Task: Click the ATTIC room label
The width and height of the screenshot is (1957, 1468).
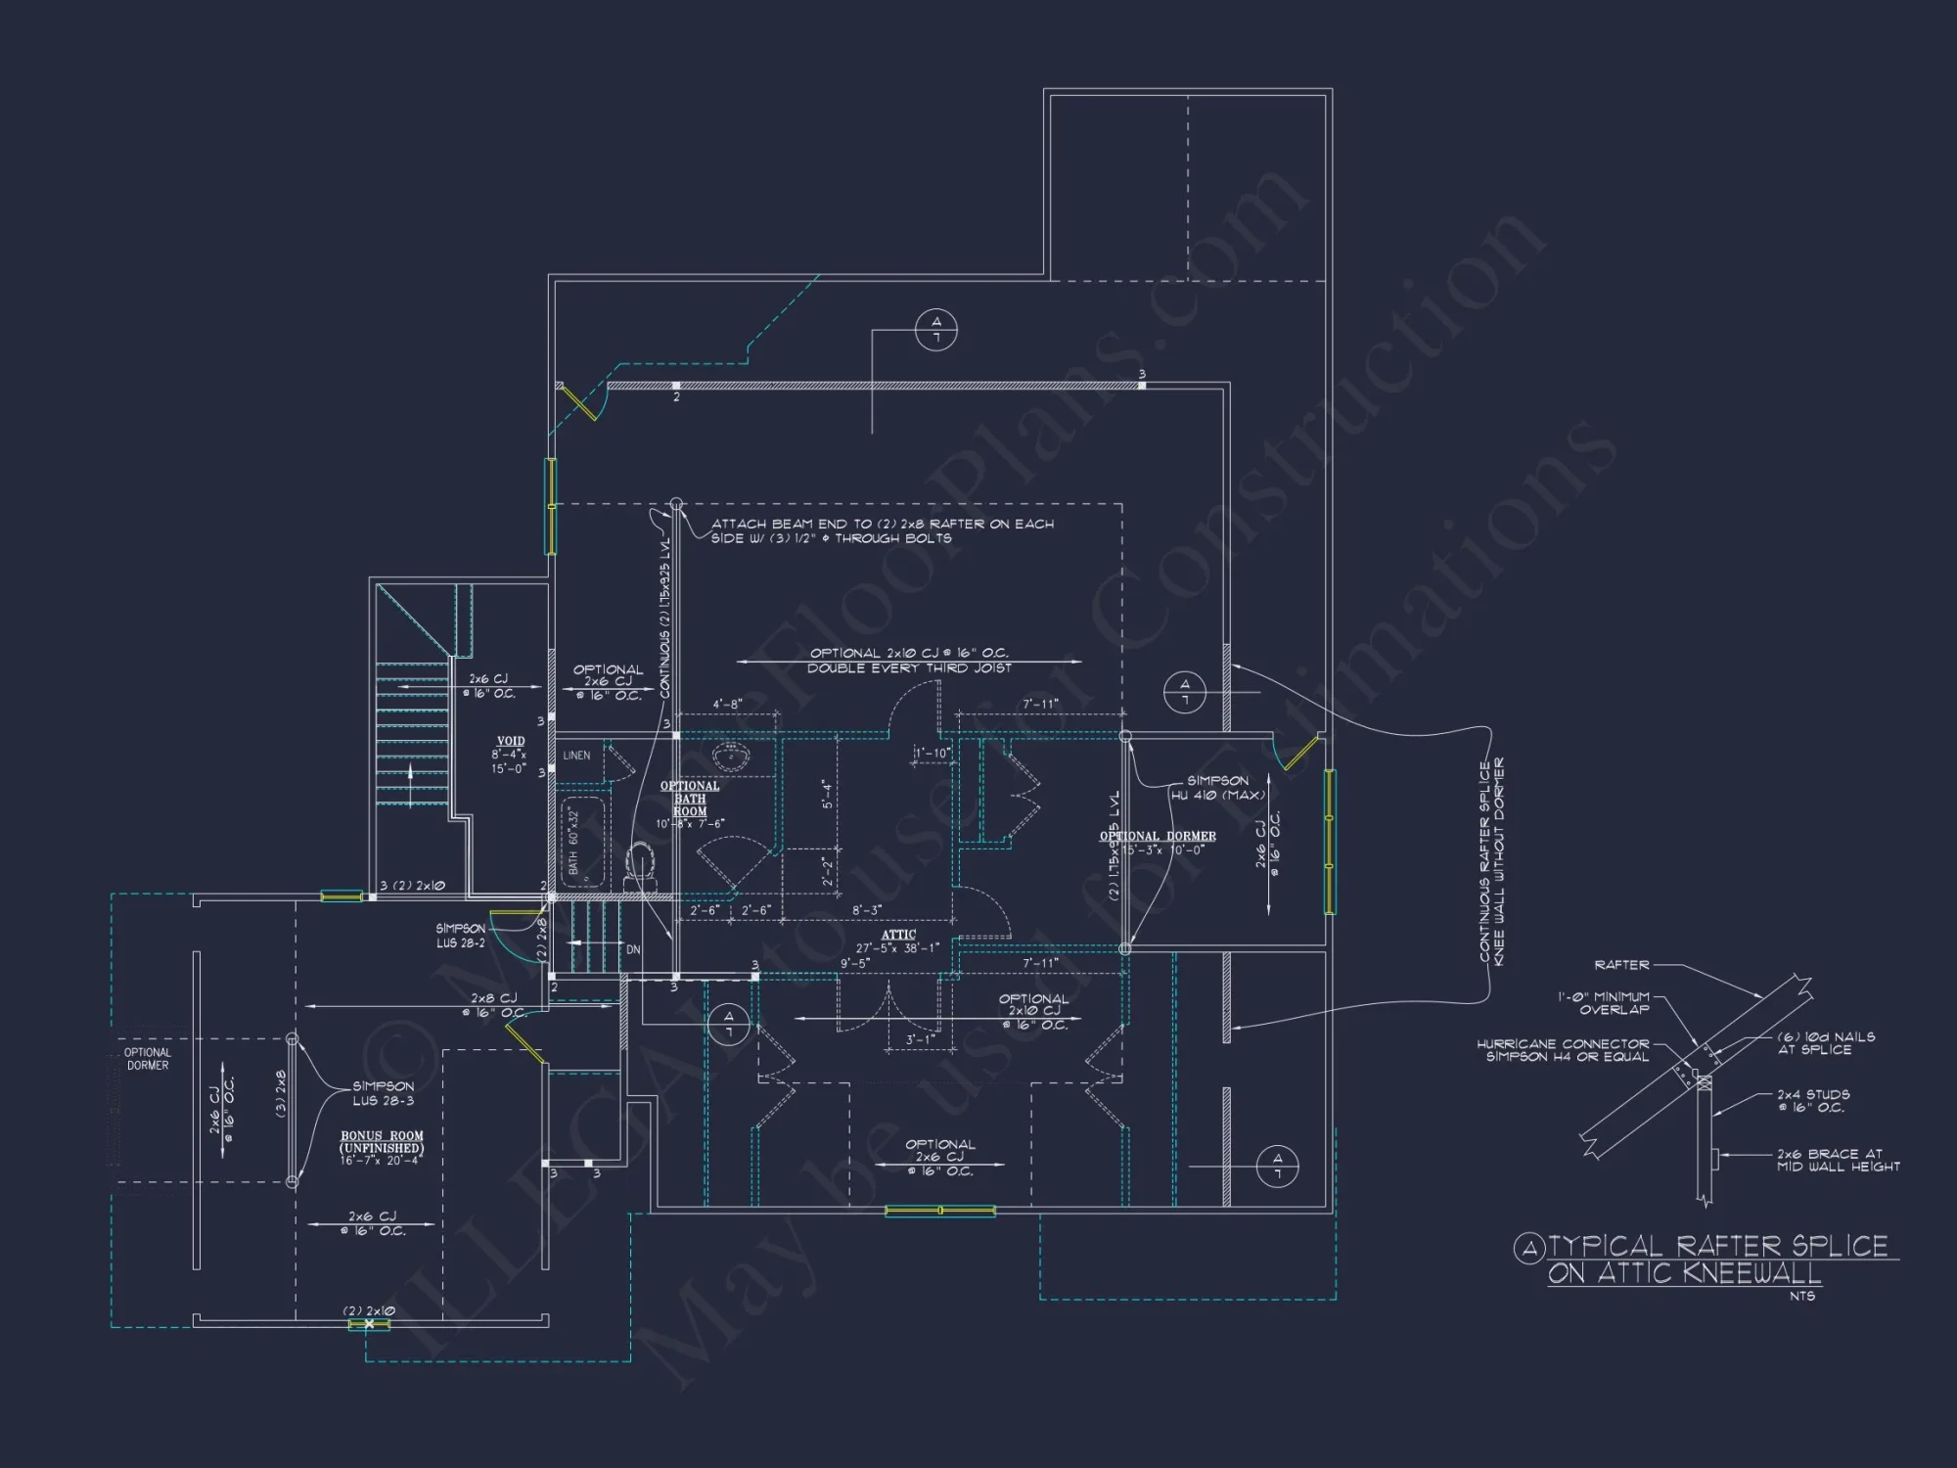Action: pos(898,936)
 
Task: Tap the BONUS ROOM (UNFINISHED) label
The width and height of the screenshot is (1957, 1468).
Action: pos(382,1142)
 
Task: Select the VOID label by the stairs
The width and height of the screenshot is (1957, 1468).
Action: pos(511,742)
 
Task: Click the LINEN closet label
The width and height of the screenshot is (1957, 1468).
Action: pos(576,756)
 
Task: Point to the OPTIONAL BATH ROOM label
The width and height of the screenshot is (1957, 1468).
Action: pos(690,799)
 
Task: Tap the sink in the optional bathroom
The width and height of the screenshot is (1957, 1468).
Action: pos(730,756)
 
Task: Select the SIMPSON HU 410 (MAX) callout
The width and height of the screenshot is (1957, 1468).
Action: pos(1217,788)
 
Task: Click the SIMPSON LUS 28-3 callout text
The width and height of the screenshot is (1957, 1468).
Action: pos(384,1093)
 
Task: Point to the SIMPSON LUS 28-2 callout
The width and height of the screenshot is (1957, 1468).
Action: pos(460,936)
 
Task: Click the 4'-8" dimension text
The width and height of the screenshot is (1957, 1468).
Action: pos(727,704)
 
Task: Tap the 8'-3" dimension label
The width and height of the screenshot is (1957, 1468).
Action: pos(867,910)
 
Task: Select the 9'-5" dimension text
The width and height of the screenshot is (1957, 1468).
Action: pos(855,963)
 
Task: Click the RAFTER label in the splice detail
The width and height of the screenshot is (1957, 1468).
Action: pos(1621,965)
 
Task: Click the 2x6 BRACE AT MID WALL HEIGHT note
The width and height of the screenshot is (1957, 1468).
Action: pos(1838,1160)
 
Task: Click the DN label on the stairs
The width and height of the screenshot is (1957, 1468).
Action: pos(633,950)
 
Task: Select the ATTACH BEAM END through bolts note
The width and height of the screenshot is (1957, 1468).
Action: pos(882,530)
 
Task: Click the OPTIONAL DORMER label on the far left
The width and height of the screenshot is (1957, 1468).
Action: pos(148,1059)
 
